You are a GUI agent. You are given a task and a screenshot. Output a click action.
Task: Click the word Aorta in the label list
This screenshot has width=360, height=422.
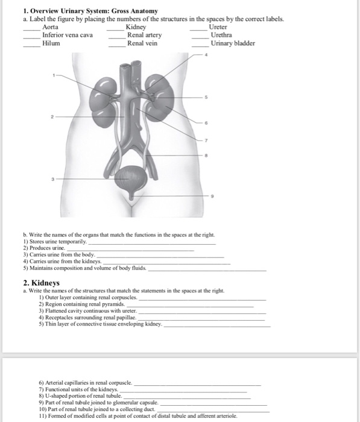51,27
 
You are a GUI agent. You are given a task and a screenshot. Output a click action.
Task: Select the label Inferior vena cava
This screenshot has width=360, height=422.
68,35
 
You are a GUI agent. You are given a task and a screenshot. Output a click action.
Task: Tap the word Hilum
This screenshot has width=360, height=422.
51,43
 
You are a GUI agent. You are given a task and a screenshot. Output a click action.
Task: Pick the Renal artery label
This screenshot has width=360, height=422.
144,35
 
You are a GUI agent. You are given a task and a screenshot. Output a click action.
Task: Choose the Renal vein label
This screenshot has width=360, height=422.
142,43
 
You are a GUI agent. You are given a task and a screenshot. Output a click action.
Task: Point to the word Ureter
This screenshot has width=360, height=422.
218,27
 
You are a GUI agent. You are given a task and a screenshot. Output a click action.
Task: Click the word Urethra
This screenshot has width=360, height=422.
220,35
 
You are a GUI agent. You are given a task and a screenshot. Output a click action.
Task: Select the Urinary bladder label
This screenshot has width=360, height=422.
233,43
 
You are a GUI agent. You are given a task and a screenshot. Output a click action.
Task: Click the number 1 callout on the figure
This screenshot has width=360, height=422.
53,75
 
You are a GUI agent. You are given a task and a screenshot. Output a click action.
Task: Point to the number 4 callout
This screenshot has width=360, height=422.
206,55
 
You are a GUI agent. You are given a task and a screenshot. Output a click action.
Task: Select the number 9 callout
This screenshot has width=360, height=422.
211,196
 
